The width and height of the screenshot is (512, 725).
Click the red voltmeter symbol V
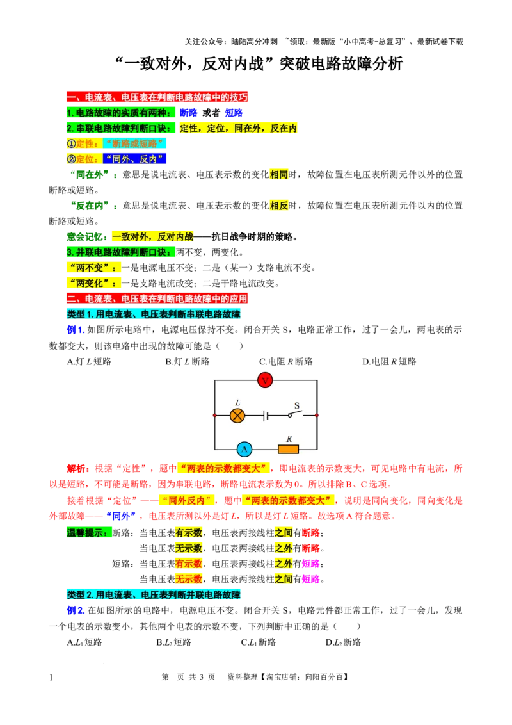pyautogui.click(x=265, y=380)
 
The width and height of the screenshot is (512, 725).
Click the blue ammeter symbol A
pyautogui.click(x=244, y=449)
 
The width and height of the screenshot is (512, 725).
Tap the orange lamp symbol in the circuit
pyautogui.click(x=237, y=416)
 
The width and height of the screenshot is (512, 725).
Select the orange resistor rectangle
pyautogui.click(x=288, y=449)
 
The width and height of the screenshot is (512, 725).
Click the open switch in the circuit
pyautogui.click(x=296, y=414)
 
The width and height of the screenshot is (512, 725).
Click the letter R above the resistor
pyautogui.click(x=289, y=439)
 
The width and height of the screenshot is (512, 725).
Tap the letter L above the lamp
pyautogui.click(x=237, y=403)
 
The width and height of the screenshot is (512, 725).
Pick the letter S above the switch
pyautogui.click(x=297, y=405)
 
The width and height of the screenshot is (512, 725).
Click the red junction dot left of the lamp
pyautogui.click(x=215, y=416)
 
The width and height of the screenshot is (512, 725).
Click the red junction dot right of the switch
pyautogui.click(x=317, y=416)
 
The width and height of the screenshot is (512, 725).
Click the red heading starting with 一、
pyautogui.click(x=156, y=97)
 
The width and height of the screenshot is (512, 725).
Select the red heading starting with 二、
pyautogui.click(x=156, y=298)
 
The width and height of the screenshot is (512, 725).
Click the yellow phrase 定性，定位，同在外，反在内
pyautogui.click(x=239, y=127)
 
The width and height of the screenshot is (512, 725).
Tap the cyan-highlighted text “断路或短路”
pyautogui.click(x=135, y=143)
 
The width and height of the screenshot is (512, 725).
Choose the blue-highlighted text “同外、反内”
pyautogui.click(x=135, y=158)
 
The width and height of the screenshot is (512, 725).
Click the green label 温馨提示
pyautogui.click(x=88, y=532)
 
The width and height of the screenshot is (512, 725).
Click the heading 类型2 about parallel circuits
pyautogui.click(x=154, y=594)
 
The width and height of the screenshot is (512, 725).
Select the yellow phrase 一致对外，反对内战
pyautogui.click(x=152, y=236)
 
